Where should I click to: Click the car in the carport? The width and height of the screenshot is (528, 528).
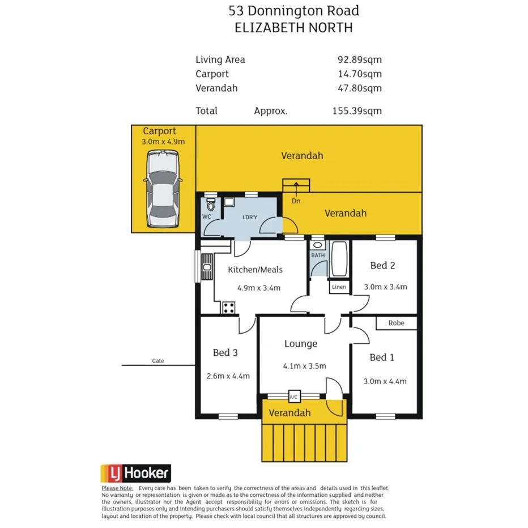click(163, 189)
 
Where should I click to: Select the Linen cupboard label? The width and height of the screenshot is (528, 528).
click(339, 287)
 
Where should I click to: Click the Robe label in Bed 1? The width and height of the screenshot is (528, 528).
click(397, 323)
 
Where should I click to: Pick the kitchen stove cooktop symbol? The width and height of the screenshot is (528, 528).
click(229, 308)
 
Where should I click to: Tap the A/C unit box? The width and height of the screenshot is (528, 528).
click(294, 396)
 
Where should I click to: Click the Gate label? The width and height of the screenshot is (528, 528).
click(158, 361)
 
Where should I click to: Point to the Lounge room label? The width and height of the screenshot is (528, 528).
click(300, 344)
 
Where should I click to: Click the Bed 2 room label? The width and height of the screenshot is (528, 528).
click(382, 265)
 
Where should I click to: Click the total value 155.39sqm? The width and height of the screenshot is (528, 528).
click(357, 111)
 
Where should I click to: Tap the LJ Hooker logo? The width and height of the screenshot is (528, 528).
click(135, 473)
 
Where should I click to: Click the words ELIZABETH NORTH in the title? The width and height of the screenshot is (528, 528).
click(293, 27)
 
